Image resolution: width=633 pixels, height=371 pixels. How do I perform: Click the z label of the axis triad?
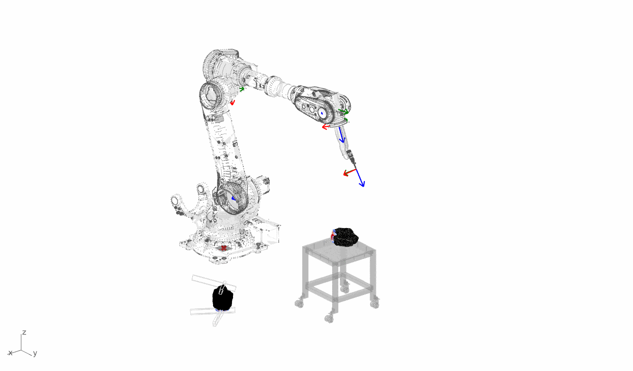[24, 332]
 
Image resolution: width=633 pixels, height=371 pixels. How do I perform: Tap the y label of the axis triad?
[35, 353]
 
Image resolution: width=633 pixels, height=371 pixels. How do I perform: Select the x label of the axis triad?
[10, 353]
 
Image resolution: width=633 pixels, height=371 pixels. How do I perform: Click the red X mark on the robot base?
[223, 248]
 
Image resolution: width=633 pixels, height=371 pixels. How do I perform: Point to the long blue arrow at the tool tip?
[360, 178]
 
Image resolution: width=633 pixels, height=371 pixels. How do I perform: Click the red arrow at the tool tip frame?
[349, 172]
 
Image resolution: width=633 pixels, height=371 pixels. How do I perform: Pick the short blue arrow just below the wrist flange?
[341, 135]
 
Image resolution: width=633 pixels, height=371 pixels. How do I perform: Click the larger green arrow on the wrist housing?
[344, 112]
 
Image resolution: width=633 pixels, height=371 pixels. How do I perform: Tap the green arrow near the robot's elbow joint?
[242, 89]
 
